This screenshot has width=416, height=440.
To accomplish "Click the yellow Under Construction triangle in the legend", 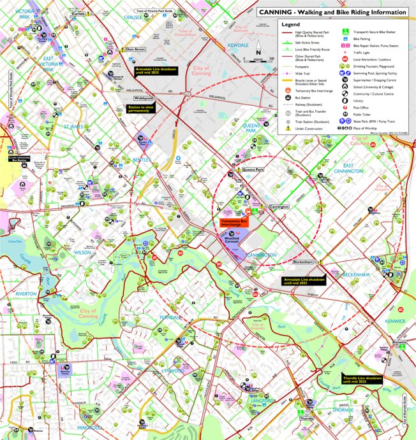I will pos(288,127).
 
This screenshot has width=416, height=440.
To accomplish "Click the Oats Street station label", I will pos(137,49).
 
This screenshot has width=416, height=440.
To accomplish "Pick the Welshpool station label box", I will pos(143,99).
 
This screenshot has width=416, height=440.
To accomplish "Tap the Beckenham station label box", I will pos(302,262).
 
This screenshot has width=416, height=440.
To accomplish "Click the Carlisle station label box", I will pos(78,13).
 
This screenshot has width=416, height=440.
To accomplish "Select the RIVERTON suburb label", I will pos(26,294).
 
